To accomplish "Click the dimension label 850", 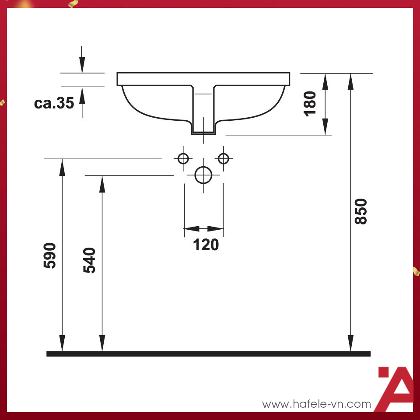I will tap(361, 211).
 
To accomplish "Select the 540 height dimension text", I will tap(89, 260).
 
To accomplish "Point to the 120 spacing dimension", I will tap(206, 245).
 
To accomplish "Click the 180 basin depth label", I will tap(310, 103).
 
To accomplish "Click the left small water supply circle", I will tap(183, 158).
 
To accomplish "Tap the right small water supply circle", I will tap(224, 158).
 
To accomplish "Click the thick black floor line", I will tap(208, 353).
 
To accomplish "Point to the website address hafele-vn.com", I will tap(316, 404).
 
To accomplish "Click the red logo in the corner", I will tap(396, 388).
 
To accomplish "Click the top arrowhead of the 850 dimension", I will tap(350, 81).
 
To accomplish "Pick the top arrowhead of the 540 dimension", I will tap(102, 184).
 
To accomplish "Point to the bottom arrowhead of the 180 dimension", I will tap(325, 127).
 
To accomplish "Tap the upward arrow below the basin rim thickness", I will tap(82, 96).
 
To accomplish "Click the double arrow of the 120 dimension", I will tap(203, 228).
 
